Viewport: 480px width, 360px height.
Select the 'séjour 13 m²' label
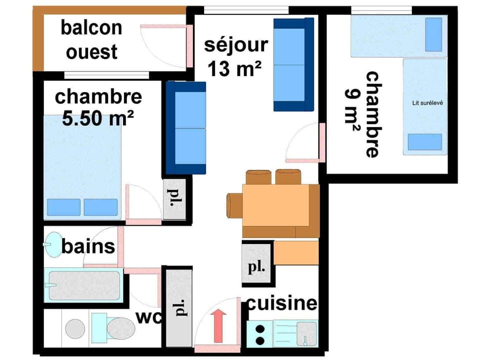pyautogui.click(x=235, y=56)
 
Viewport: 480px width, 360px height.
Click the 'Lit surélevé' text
pyautogui.click(x=425, y=103)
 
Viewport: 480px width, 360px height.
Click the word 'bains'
pyautogui.click(x=88, y=246)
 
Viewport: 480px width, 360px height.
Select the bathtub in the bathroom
pyautogui.click(x=84, y=285)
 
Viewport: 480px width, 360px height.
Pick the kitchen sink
pyautogui.click(x=306, y=332)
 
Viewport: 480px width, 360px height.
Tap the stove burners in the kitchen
pyautogui.click(x=260, y=334)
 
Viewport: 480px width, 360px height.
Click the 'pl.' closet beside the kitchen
pyautogui.click(x=256, y=264)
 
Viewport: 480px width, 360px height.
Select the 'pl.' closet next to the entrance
pyautogui.click(x=178, y=307)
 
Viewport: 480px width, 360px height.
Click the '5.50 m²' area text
pyautogui.click(x=98, y=118)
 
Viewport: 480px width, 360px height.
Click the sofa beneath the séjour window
pyautogui.click(x=293, y=64)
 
